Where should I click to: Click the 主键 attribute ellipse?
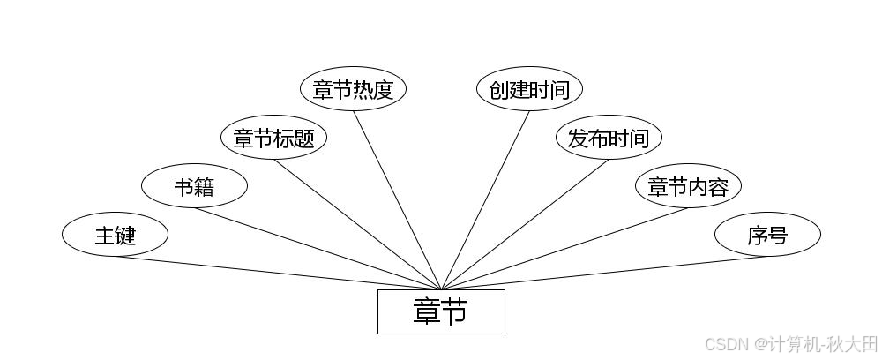[115, 235]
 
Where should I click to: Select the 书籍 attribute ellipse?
[194, 186]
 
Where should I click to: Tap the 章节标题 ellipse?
[273, 138]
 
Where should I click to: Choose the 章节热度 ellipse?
[353, 89]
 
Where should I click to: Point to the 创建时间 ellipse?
[529, 89]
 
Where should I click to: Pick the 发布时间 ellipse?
[609, 138]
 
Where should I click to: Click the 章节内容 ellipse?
[688, 186]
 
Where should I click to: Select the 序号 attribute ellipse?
[767, 235]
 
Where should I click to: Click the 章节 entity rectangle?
[441, 311]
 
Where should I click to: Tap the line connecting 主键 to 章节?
[278, 273]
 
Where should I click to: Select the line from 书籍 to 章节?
[318, 249]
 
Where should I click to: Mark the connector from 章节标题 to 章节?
[357, 224]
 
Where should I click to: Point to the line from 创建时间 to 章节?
[485, 200]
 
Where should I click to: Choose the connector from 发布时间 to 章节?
[525, 224]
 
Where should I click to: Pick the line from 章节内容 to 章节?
[564, 249]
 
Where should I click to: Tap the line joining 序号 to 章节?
[604, 273]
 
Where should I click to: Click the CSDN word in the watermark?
[727, 342]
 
